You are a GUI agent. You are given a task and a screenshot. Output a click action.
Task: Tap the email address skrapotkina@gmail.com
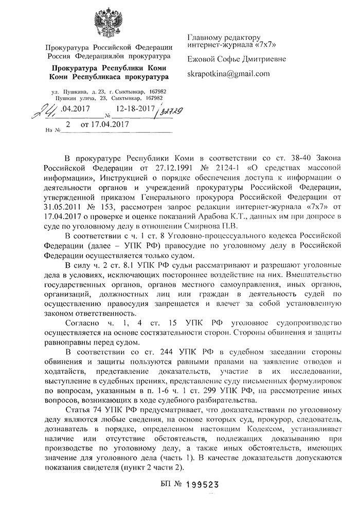click(x=229, y=74)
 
